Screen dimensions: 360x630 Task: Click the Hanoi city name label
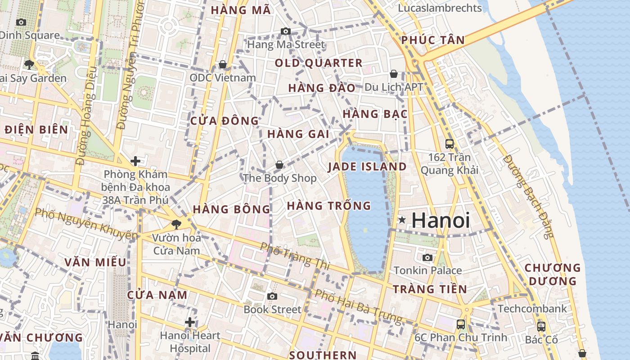441,220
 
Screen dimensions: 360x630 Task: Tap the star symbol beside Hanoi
402,220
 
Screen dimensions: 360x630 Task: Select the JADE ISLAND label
367,167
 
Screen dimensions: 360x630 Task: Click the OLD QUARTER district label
319,63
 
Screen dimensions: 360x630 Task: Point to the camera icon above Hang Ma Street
285,31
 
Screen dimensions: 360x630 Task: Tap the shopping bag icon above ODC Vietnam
222,64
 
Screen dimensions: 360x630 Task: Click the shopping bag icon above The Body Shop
279,165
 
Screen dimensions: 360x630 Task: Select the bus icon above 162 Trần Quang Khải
449,144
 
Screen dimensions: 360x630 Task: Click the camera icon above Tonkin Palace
427,257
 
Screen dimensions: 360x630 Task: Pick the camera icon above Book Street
272,296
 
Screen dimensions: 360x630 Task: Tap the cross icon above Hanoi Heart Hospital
190,322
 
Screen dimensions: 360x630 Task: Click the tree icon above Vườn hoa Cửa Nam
176,224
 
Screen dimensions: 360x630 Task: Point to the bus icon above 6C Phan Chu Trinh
460,324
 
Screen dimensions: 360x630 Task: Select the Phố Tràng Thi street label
295,256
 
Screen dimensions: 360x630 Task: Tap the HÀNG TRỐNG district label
329,206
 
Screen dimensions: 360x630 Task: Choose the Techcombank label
532,309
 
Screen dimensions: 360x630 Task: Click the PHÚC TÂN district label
433,40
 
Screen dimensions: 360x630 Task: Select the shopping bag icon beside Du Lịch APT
394,73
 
